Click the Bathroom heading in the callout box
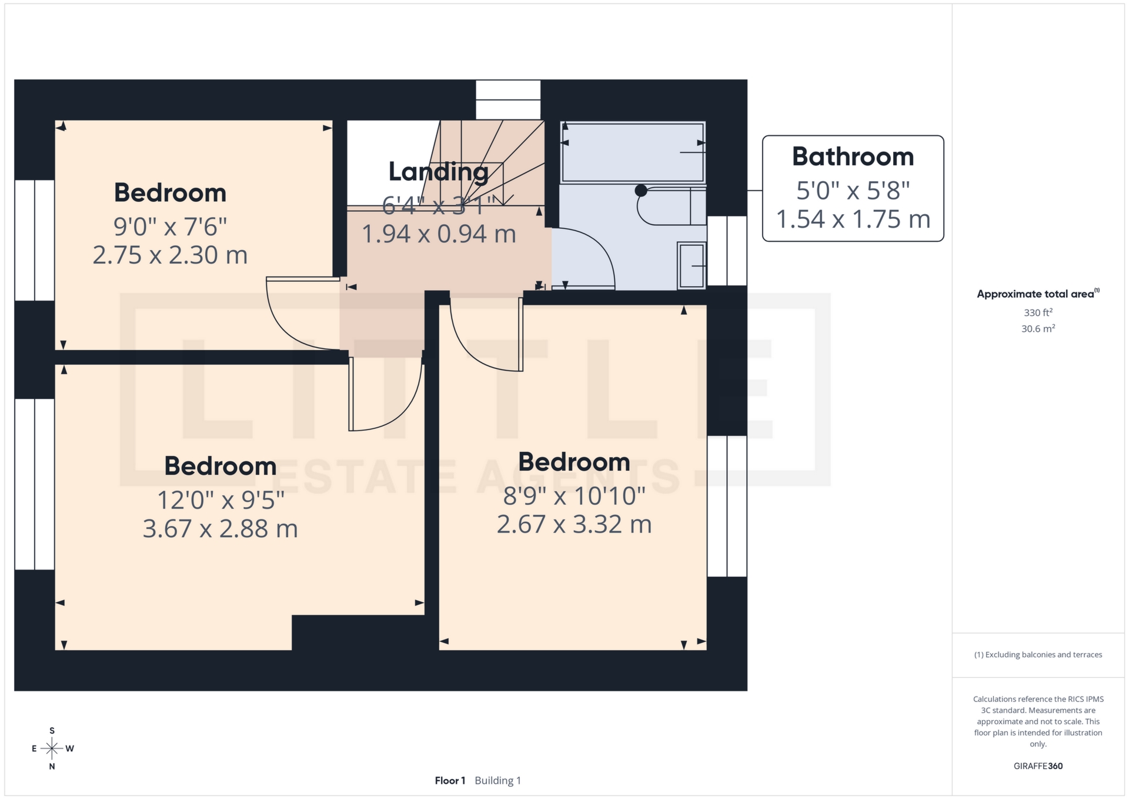click(853, 157)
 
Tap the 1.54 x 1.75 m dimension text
click(853, 219)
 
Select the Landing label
click(438, 172)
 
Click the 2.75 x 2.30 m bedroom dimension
click(170, 255)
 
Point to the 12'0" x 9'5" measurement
click(221, 500)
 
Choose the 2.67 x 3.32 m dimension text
click(574, 524)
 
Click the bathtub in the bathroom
click(633, 152)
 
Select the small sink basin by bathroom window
click(692, 265)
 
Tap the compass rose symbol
click(52, 748)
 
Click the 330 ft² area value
click(1038, 313)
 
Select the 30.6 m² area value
click(1038, 329)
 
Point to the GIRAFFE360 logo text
click(1038, 766)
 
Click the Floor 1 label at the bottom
click(450, 781)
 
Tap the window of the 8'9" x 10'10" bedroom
click(727, 506)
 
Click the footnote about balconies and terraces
click(1038, 655)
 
